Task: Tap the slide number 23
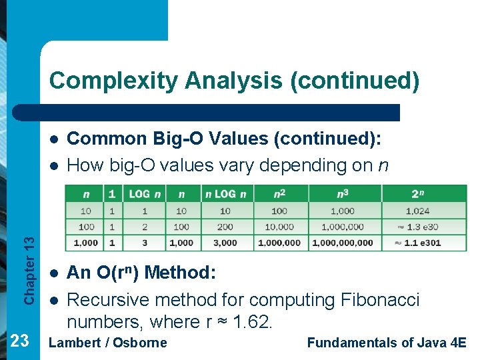coord(20,341)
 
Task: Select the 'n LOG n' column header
coord(225,194)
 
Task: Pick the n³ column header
coord(343,194)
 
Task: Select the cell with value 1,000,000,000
coord(343,243)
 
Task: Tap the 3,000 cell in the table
coord(225,243)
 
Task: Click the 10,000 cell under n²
coord(279,227)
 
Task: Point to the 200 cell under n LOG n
coord(225,227)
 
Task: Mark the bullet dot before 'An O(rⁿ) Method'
coord(53,273)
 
